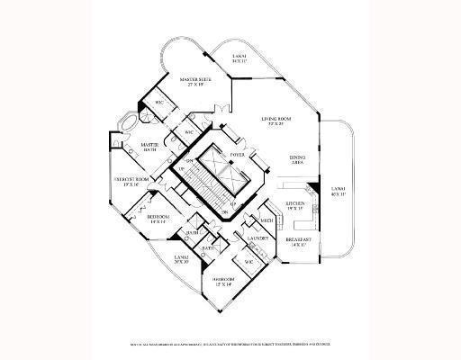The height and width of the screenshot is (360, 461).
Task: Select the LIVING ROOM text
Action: point(276,120)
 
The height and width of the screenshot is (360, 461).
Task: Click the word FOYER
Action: point(238,155)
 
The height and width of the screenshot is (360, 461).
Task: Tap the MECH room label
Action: point(267,220)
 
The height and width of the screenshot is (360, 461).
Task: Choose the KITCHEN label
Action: point(298,206)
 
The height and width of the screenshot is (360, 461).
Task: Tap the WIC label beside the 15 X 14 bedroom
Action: point(249,262)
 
